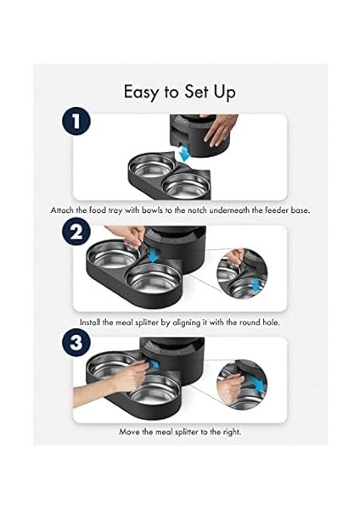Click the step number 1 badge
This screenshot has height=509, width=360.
(x=76, y=122)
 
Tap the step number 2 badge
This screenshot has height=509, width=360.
(x=76, y=234)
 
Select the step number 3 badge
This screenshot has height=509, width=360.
(x=76, y=343)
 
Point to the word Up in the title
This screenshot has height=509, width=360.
(x=224, y=92)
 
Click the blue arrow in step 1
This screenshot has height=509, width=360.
(x=184, y=153)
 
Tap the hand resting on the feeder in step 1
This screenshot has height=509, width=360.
(x=218, y=131)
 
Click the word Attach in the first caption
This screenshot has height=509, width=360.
(x=62, y=210)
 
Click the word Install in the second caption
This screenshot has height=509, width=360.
(x=90, y=322)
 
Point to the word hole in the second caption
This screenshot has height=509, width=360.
(x=270, y=322)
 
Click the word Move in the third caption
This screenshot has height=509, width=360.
(x=127, y=432)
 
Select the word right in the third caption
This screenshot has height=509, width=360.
(x=232, y=433)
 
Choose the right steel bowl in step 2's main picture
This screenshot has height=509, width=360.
(x=154, y=278)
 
